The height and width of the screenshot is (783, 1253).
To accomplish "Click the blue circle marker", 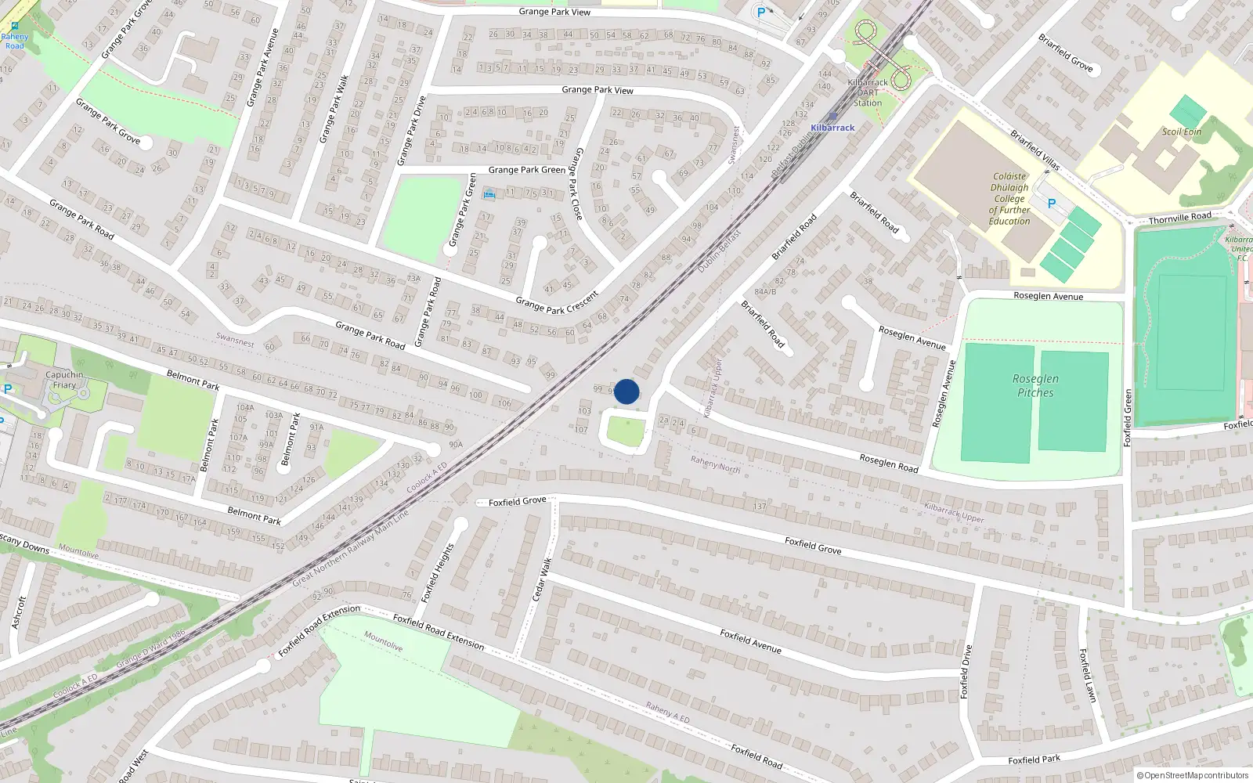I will coord(626,391).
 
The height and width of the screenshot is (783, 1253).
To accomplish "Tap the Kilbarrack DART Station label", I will coord(868,92).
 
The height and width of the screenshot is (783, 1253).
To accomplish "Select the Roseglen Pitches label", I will coord(1035,385).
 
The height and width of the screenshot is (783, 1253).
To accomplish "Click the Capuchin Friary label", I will coord(64,380).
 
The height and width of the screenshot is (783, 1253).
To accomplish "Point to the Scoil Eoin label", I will coord(1182,132).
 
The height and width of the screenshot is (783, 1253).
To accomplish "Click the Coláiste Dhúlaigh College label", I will coord(1009,199).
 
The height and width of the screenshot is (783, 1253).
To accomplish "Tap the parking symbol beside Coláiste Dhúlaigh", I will coord(1052,203).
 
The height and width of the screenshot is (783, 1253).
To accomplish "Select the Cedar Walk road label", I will coord(542,579).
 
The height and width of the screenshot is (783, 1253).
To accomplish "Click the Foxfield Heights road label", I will coord(437,573).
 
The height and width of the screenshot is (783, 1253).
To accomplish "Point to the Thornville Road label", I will coord(1179,218).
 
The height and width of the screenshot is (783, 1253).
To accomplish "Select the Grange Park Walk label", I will coord(334,109).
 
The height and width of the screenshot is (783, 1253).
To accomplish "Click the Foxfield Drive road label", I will coord(966,672).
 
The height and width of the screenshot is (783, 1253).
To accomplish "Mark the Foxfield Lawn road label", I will coord(1087,675).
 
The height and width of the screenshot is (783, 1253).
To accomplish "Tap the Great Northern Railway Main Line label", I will coord(350,549).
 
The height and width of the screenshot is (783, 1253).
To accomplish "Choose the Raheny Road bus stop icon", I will coord(15,26).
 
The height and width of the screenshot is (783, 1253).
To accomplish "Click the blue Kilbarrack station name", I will coord(832,128).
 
